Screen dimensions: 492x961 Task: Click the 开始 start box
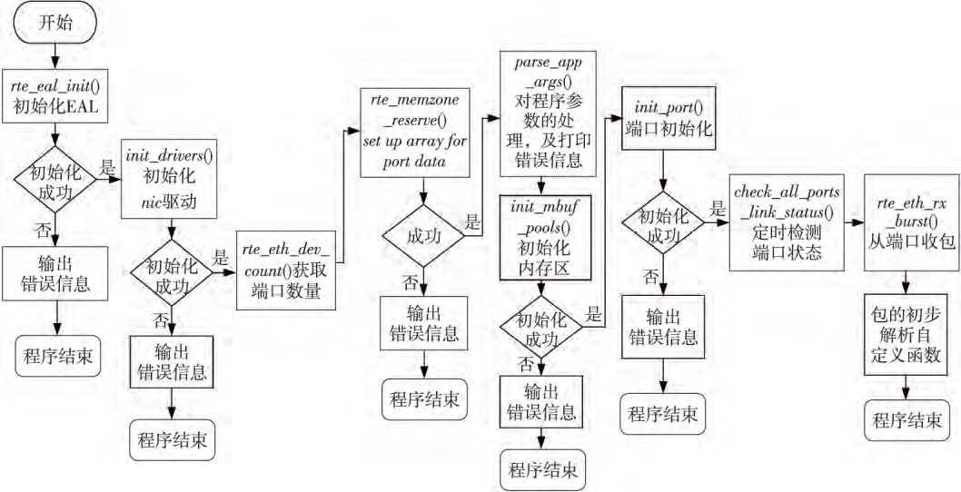pos(57,25)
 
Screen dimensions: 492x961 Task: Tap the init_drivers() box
pos(171,178)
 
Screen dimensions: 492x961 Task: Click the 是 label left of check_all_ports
pos(718,208)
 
